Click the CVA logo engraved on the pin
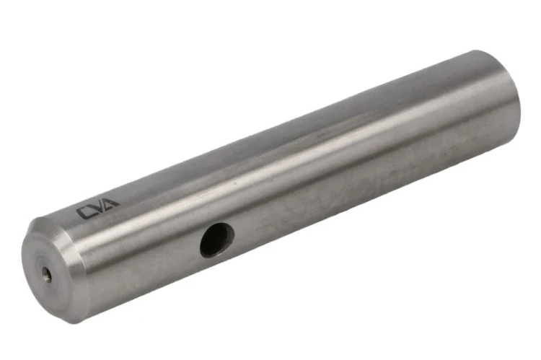click(97, 208)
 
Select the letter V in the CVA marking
click(100, 206)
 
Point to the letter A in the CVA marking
click(112, 203)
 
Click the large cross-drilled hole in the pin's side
click(217, 240)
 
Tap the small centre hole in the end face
click(48, 276)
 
